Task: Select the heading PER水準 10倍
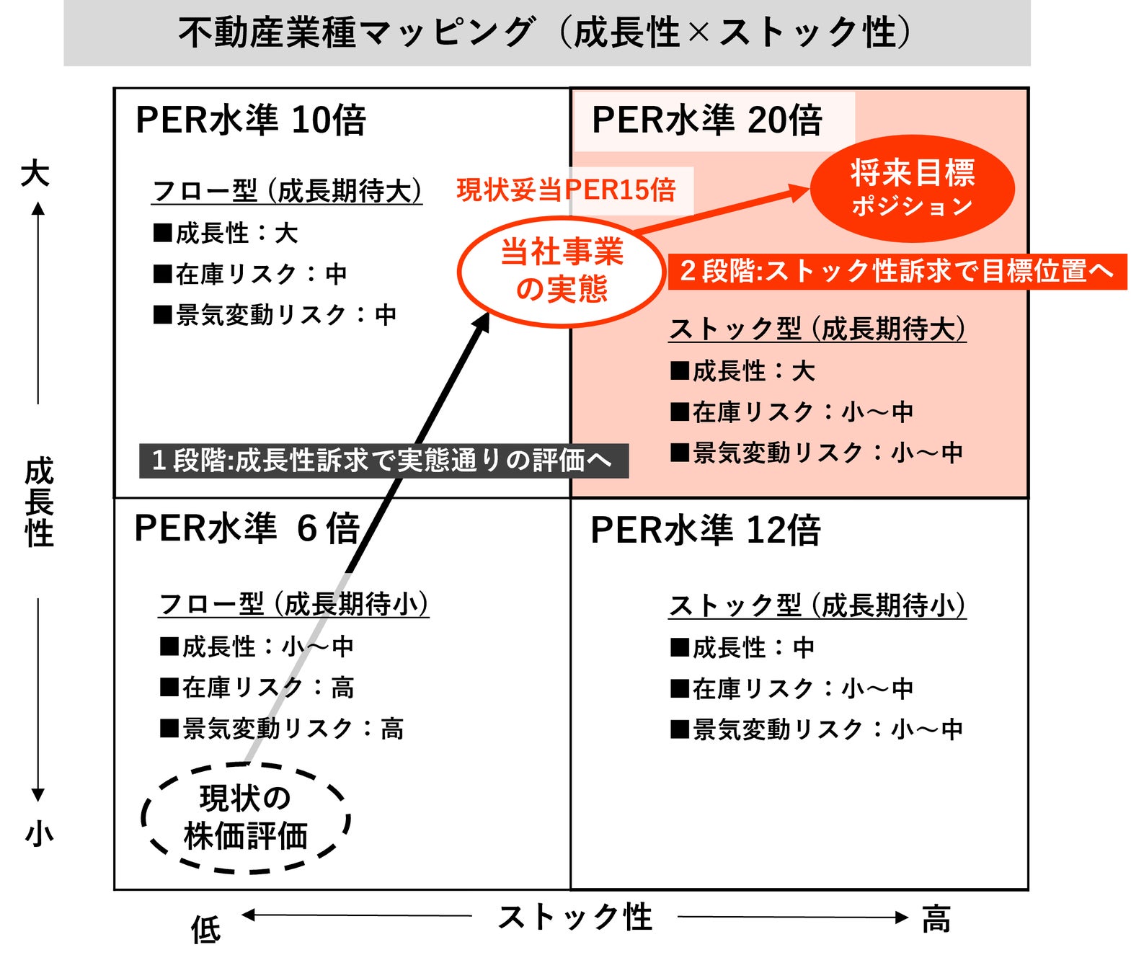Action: (251, 120)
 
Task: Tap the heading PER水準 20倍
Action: (706, 120)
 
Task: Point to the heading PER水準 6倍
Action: (247, 528)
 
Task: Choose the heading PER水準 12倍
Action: (705, 530)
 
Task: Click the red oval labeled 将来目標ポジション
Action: (912, 188)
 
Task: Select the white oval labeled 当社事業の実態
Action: (562, 271)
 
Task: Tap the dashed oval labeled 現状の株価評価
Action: (245, 818)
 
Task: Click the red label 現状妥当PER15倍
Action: (566, 190)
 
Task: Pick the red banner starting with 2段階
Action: (897, 272)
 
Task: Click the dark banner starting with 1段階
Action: (383, 461)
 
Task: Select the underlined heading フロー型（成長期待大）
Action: (287, 192)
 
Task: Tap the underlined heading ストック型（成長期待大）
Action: (817, 329)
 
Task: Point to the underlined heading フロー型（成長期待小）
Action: (293, 604)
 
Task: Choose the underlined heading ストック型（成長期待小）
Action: (817, 605)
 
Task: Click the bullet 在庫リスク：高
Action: (257, 688)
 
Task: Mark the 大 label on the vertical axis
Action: (35, 174)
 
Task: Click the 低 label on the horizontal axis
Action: (205, 930)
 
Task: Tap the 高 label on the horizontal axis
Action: (936, 920)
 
